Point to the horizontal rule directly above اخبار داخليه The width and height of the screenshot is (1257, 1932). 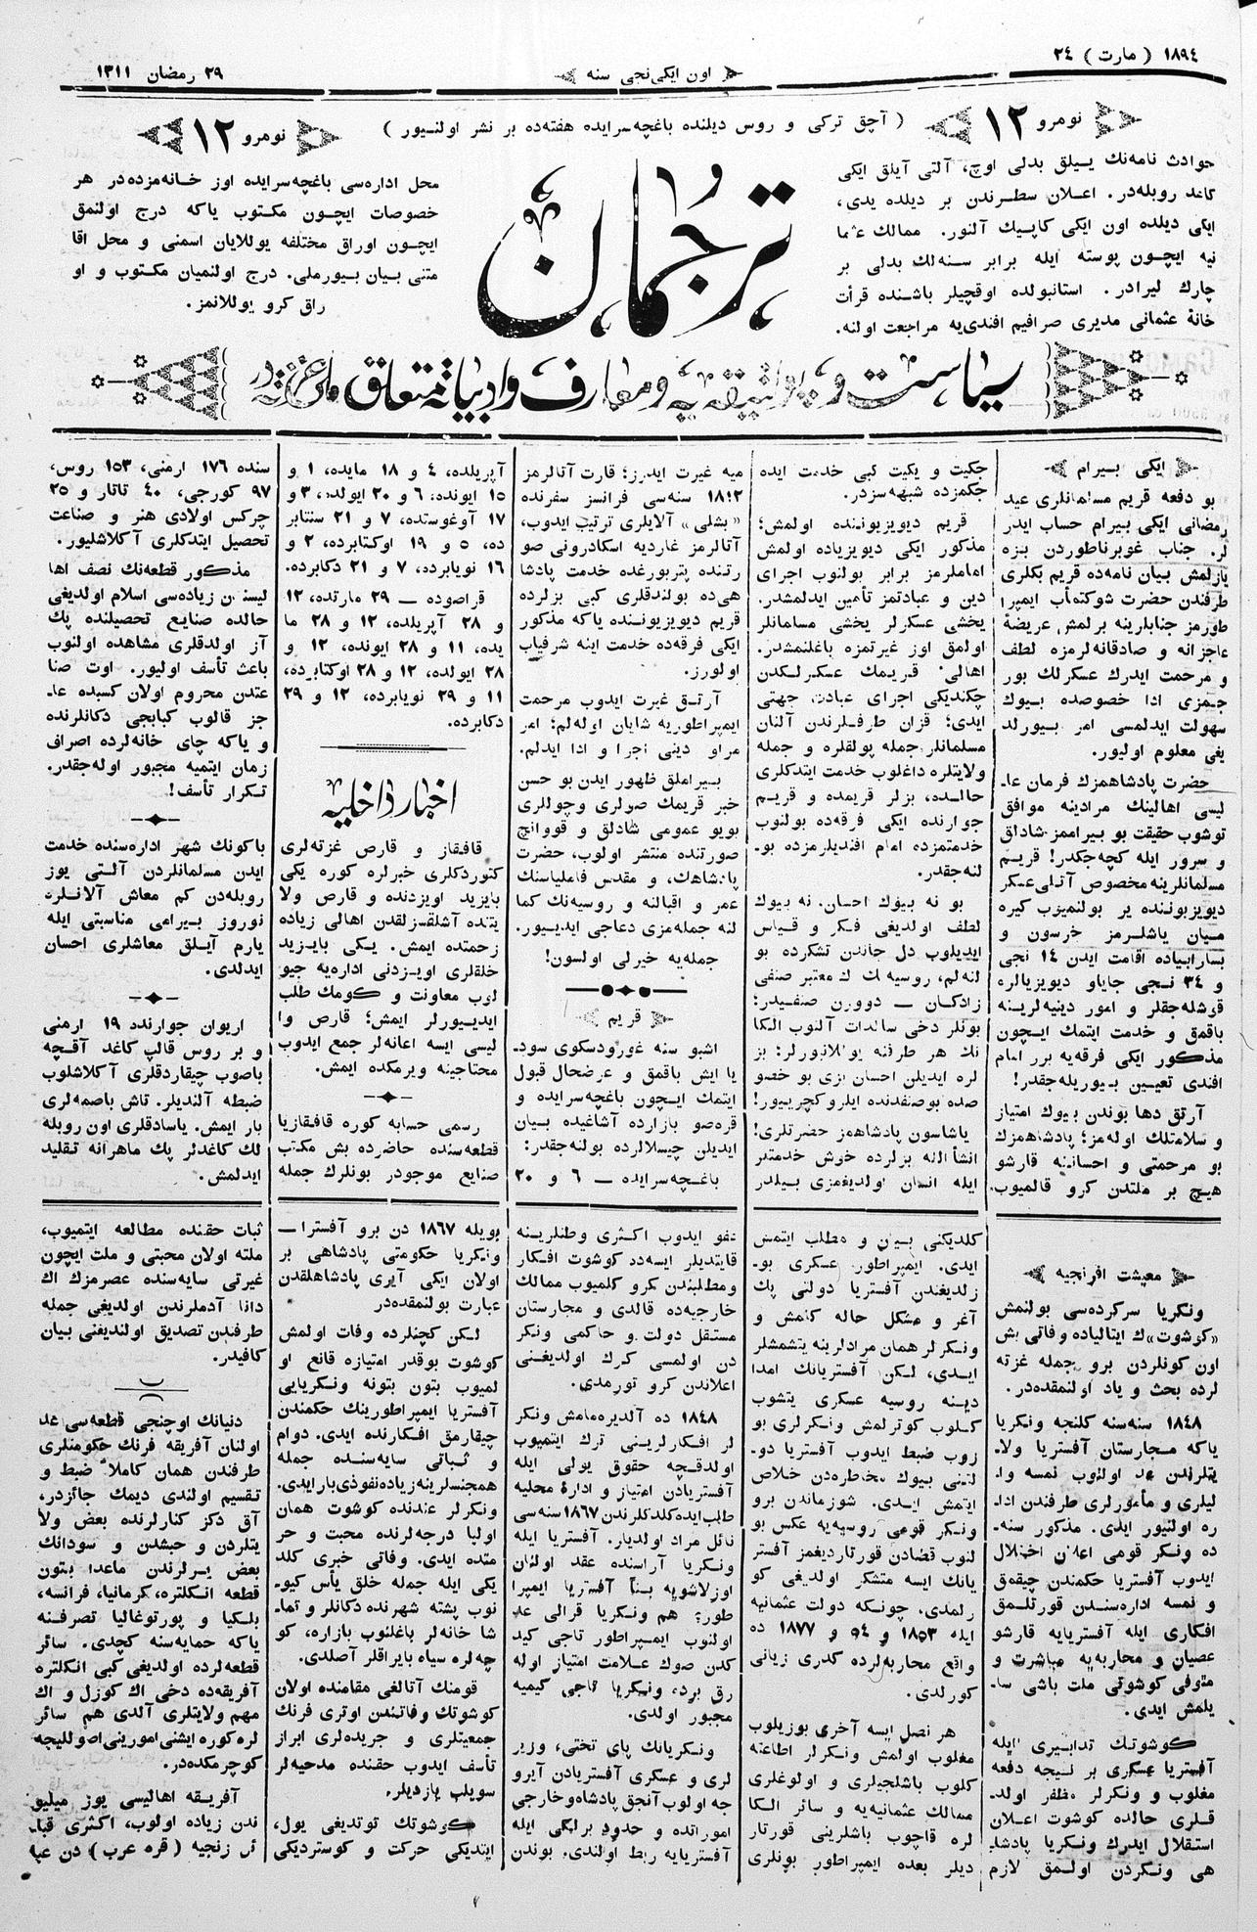[x=391, y=747]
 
